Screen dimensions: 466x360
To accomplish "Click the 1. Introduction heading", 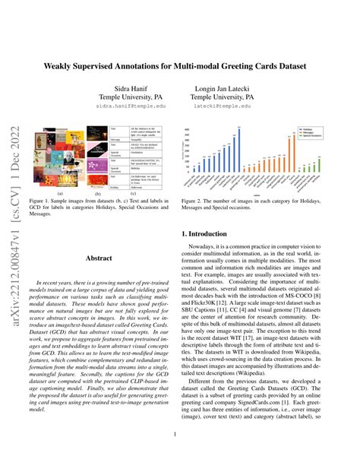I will point(217,236).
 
